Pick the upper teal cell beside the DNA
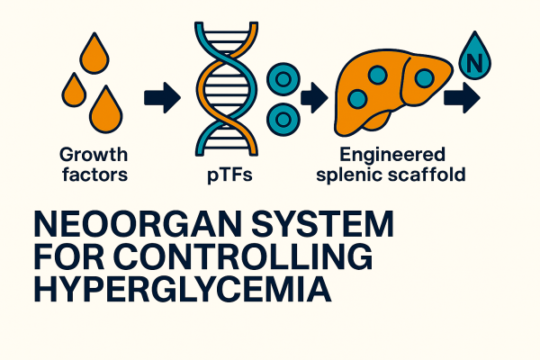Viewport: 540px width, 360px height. tap(283, 79)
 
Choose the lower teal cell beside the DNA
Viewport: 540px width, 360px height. tap(285, 116)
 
